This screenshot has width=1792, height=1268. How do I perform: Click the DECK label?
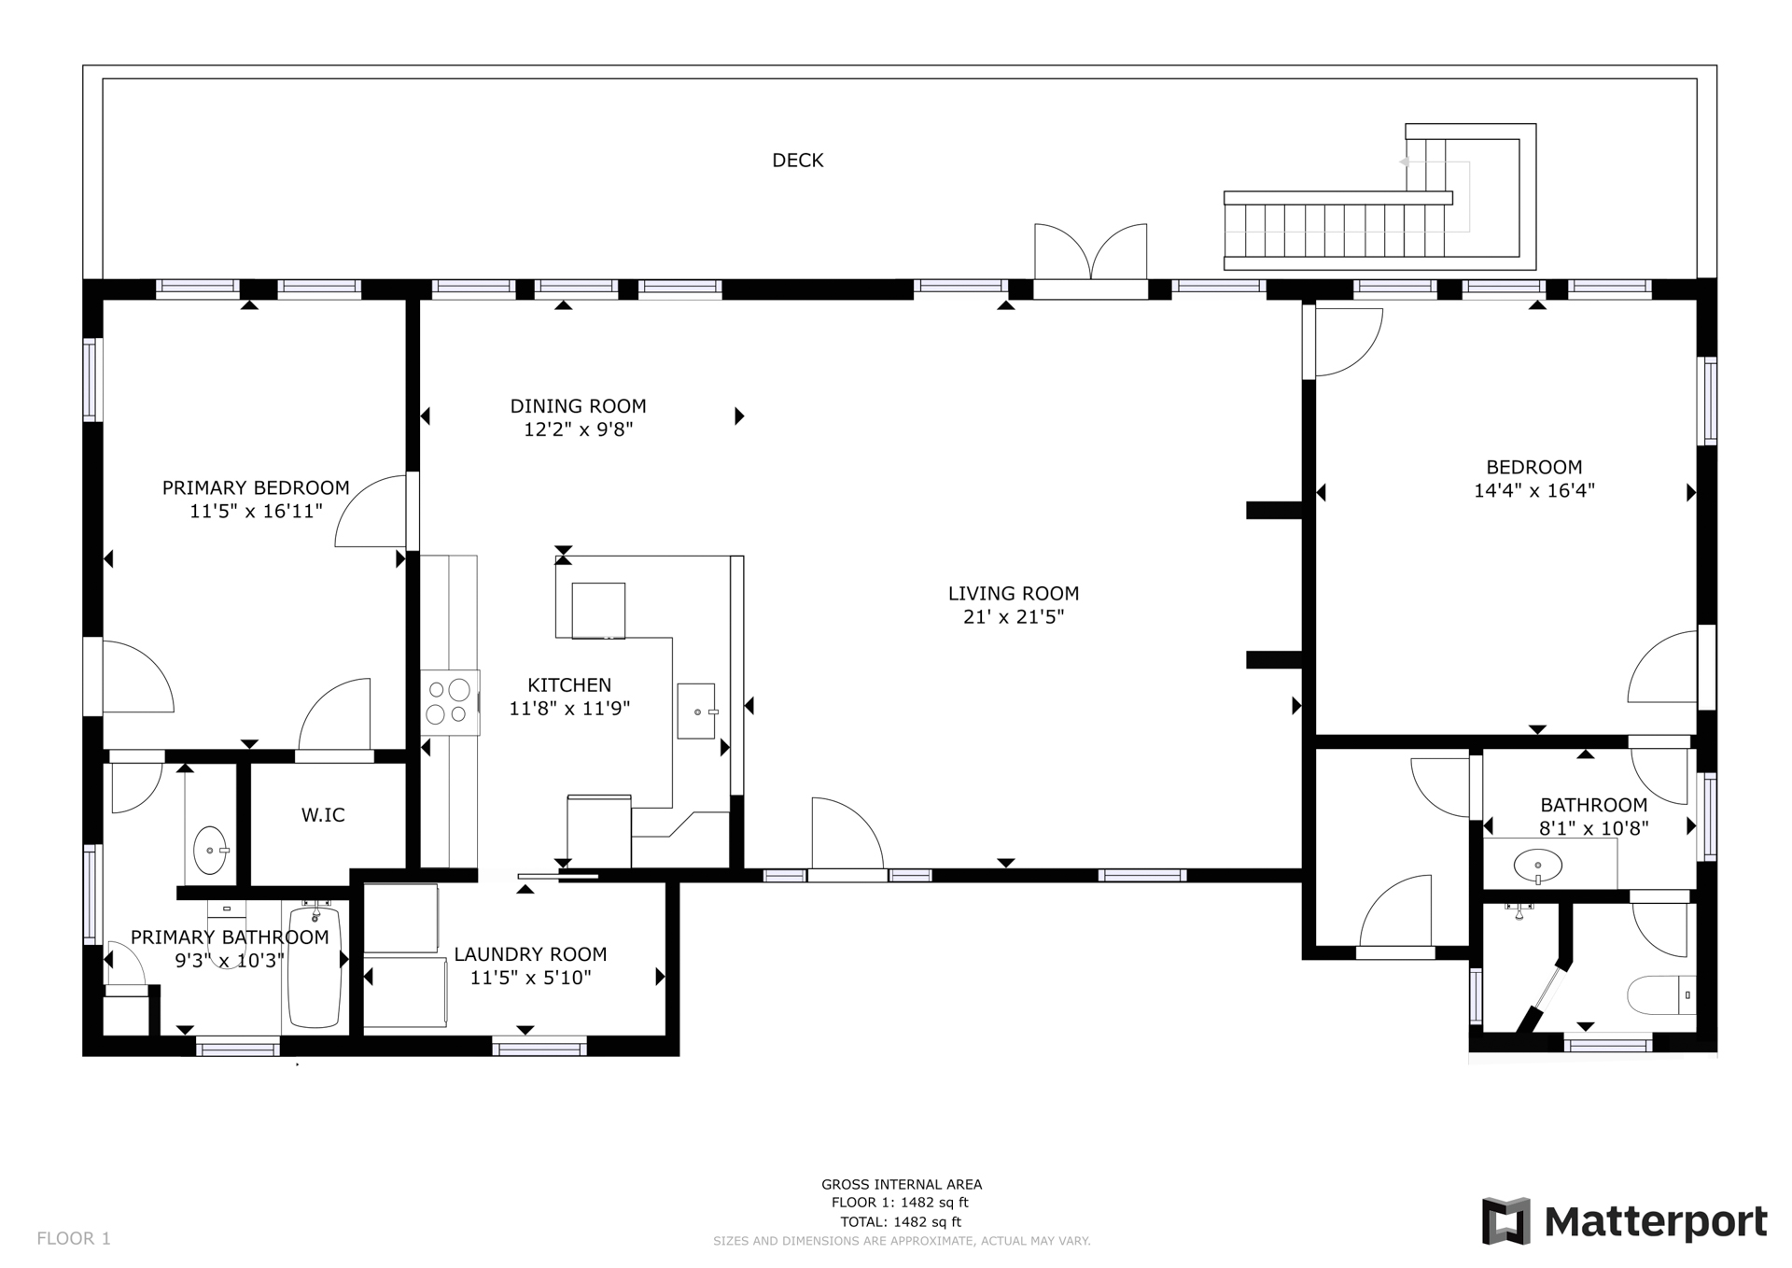(797, 161)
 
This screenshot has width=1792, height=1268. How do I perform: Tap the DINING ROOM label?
(578, 406)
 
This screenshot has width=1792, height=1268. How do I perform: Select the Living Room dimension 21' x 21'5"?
(1014, 617)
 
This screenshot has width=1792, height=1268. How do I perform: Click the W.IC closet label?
(323, 815)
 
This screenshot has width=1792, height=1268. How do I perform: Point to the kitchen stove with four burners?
(450, 701)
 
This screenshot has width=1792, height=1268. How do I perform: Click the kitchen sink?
(696, 711)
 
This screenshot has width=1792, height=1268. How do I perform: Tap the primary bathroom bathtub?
(315, 965)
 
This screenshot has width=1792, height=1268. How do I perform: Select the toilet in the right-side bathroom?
(1661, 995)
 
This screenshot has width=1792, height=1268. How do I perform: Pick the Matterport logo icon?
(1505, 1220)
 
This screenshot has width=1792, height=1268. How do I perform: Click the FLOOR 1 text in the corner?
(74, 1238)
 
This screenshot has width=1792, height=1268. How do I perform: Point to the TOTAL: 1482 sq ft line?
(901, 1221)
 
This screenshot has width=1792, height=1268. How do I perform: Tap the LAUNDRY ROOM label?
(530, 954)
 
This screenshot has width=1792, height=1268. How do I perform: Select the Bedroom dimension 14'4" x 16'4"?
(1533, 491)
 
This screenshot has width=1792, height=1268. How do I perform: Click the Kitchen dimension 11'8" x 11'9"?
(569, 709)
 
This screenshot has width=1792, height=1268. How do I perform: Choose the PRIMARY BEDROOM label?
(256, 487)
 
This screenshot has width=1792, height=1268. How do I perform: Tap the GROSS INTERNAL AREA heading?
(902, 1185)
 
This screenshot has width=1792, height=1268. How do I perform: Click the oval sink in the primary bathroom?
(210, 850)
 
